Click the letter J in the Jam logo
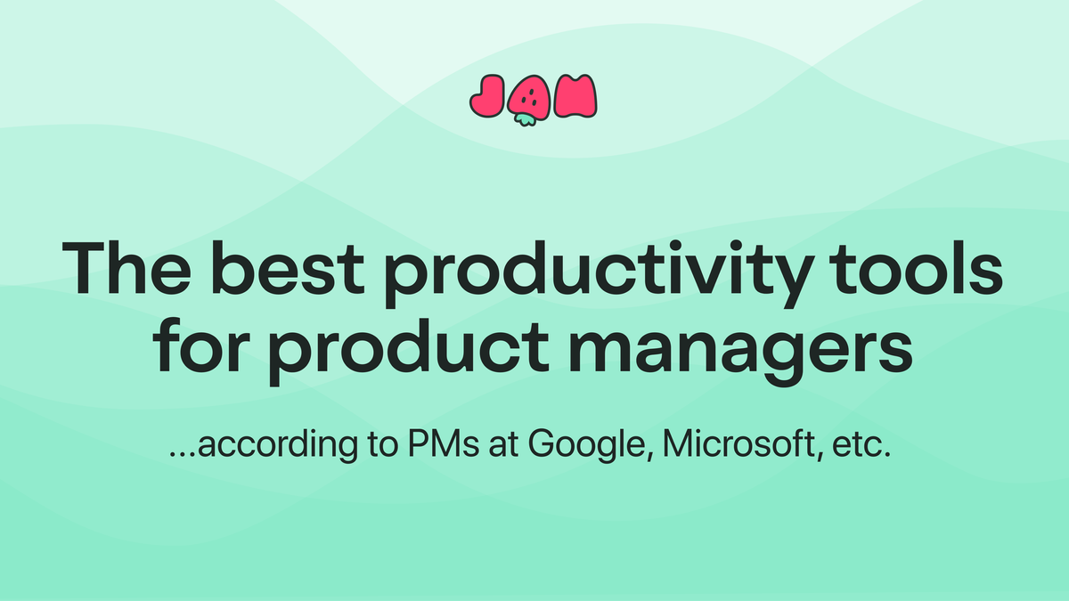pos(488,97)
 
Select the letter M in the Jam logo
pos(575,96)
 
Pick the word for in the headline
pos(197,349)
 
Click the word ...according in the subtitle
pos(246,445)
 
